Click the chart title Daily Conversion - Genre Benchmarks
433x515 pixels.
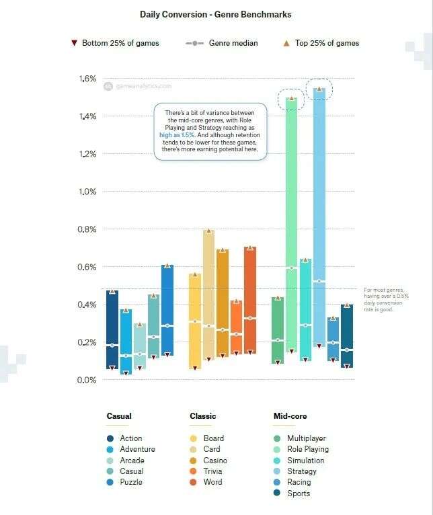215,13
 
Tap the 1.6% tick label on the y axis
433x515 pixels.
87,79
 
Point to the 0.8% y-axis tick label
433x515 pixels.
87,229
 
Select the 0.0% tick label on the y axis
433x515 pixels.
87,380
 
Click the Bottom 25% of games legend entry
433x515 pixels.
115,43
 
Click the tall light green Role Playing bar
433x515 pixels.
291,222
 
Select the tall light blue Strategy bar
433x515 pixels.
319,215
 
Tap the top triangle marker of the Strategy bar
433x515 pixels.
319,89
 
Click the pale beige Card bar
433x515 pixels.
208,296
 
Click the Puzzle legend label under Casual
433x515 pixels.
130,482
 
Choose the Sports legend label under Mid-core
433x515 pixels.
299,493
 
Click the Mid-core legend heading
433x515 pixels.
290,416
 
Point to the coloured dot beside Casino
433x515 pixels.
194,461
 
